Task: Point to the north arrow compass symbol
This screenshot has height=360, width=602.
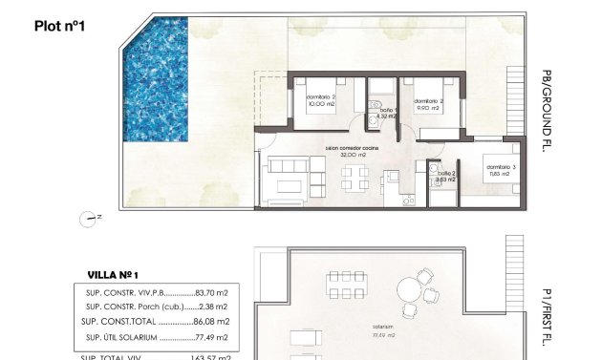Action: (x=91, y=218)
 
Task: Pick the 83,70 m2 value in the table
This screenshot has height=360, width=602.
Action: (x=210, y=293)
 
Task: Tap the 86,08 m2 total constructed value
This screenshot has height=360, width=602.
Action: (x=210, y=322)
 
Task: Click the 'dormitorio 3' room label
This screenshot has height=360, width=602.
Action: (x=498, y=168)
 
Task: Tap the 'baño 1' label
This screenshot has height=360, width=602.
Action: (x=386, y=112)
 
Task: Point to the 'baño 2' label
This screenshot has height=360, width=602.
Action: (x=446, y=174)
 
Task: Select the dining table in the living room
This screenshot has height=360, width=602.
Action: (x=353, y=177)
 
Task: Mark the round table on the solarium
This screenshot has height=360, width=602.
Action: (x=412, y=287)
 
